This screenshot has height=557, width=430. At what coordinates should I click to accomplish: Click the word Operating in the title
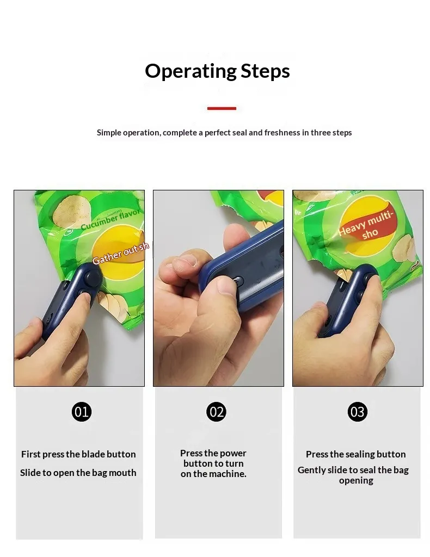[x=191, y=71]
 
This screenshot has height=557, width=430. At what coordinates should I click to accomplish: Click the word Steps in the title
[x=265, y=71]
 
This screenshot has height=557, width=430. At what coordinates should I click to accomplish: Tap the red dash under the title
[x=222, y=108]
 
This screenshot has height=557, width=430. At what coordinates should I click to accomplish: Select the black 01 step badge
[x=82, y=412]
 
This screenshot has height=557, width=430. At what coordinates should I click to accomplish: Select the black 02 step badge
[x=216, y=412]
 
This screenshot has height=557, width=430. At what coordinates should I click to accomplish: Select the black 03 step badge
[x=357, y=412]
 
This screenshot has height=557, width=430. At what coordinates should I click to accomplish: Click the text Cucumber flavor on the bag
[x=110, y=220]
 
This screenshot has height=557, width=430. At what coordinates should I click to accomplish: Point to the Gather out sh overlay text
[x=120, y=253]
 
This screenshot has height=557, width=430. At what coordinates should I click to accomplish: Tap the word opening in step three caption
[x=356, y=481]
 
